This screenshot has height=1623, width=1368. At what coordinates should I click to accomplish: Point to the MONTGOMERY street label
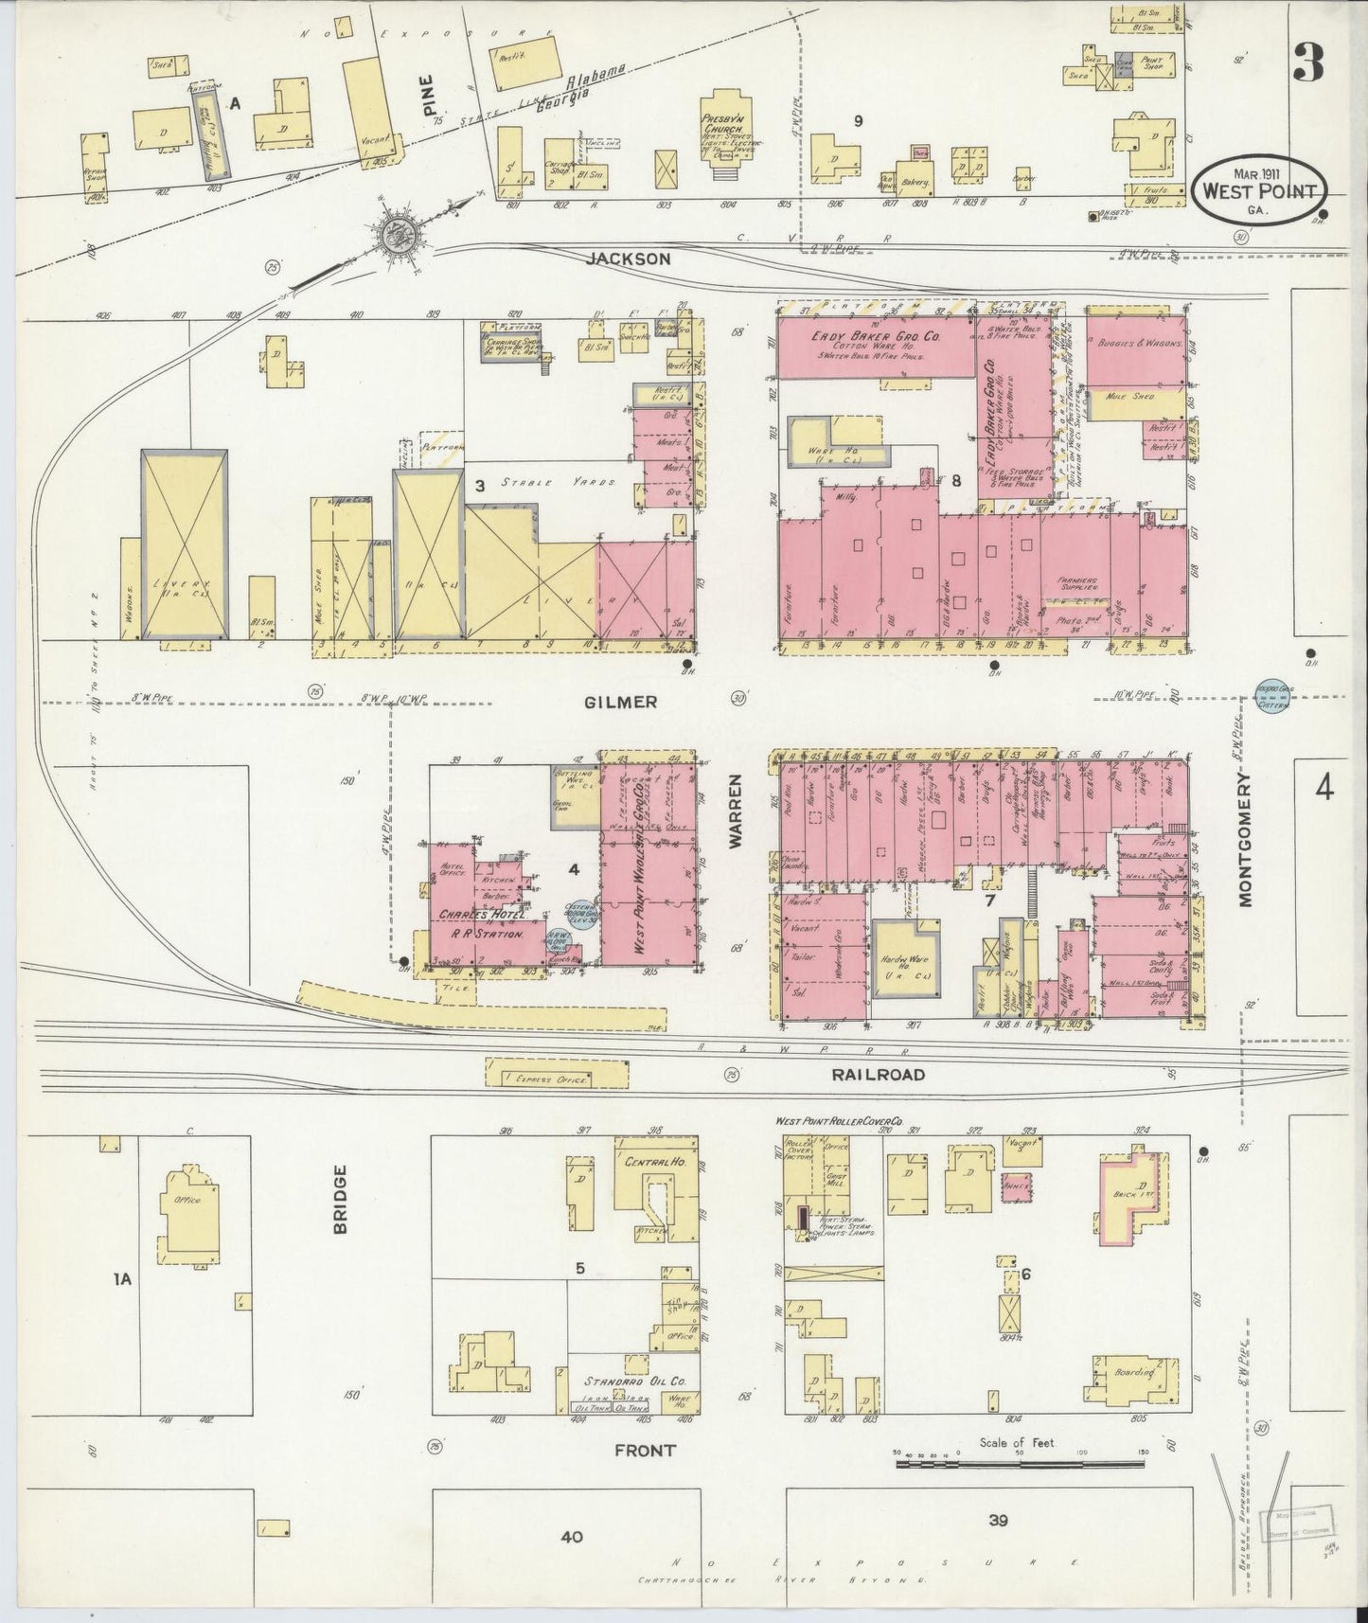[1245, 837]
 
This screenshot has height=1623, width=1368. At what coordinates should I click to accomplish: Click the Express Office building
[557, 1077]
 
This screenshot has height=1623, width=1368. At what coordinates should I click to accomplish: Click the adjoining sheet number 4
[1323, 787]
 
